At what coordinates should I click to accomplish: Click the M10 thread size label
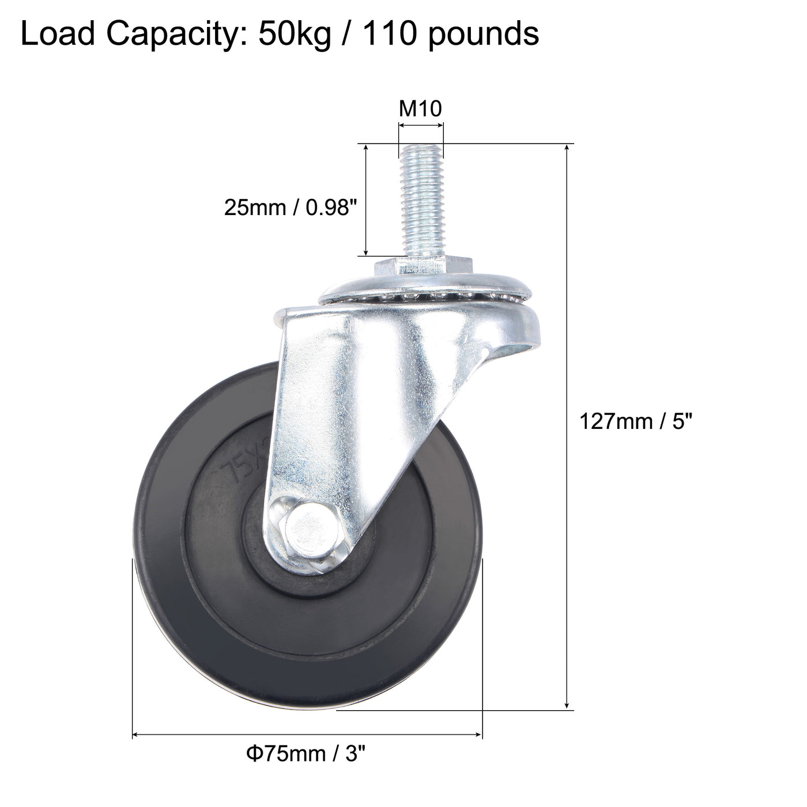tap(420, 108)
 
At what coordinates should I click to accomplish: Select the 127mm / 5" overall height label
tap(635, 422)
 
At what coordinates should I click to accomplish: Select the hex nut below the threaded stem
tap(424, 267)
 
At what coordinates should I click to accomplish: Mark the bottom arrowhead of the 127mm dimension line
tap(568, 704)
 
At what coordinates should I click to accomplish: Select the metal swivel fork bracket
tap(369, 392)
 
